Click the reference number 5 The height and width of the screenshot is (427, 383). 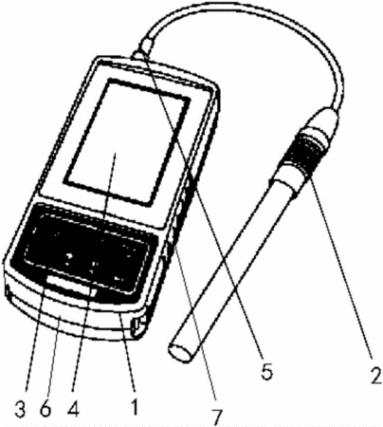(x=266, y=371)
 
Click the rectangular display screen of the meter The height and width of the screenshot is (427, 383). (x=126, y=141)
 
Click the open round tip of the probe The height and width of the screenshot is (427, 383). (x=181, y=351)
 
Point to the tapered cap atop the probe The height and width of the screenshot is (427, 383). (x=322, y=122)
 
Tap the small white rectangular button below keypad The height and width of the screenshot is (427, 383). (x=71, y=286)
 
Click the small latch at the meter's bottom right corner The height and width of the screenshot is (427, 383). (x=137, y=326)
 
